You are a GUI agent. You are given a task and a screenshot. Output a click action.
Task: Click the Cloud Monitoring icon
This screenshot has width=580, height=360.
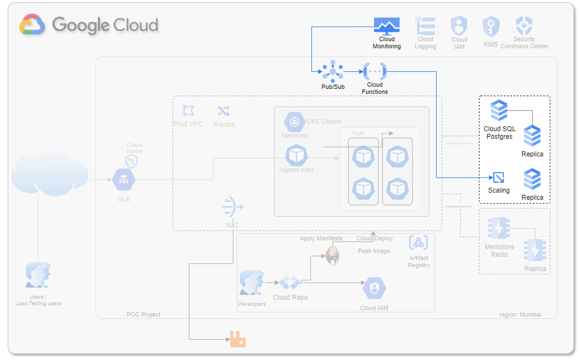point(387,25)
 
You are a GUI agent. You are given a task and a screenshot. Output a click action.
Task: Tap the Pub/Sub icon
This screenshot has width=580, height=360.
point(333,71)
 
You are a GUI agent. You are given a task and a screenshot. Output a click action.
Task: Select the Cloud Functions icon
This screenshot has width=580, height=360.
point(375,71)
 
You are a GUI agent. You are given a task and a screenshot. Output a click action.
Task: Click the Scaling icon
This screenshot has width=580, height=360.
point(499,177)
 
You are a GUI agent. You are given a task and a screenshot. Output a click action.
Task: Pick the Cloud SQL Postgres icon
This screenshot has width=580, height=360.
point(499,110)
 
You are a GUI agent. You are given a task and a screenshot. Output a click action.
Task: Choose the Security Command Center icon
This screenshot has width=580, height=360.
point(524,26)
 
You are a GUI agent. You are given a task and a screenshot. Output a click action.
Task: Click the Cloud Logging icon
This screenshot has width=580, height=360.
point(425,26)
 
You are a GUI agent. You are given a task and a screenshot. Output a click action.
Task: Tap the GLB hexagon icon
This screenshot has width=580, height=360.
point(124,179)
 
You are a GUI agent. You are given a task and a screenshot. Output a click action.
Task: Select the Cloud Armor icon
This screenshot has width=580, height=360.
point(132,161)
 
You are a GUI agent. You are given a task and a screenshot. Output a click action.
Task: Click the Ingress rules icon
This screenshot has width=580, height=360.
point(296,156)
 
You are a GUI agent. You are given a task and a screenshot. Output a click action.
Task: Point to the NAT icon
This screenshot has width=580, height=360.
point(232,207)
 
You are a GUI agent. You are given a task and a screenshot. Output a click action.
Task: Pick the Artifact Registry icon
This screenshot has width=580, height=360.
point(419,243)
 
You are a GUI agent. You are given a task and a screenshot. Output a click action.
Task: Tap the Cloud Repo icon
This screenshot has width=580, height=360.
point(289,283)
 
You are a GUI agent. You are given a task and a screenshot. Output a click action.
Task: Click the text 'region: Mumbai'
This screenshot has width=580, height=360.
point(520,314)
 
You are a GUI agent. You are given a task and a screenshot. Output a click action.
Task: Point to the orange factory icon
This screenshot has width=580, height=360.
point(238,340)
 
